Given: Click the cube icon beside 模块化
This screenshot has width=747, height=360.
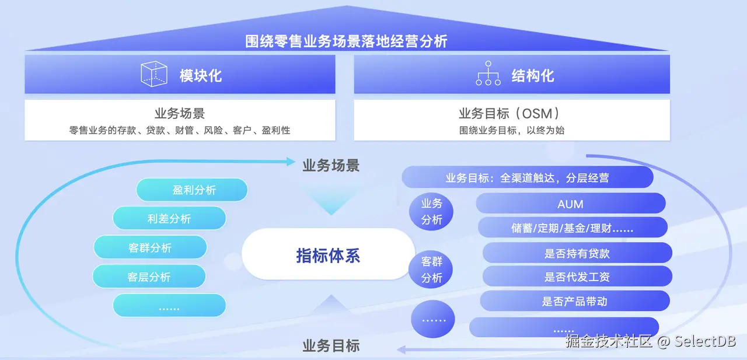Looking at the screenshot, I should coord(154,74).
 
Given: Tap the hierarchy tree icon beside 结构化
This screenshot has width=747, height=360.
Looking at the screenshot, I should coord(488,74).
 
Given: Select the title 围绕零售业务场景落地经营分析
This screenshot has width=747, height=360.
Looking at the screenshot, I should coord(347,41).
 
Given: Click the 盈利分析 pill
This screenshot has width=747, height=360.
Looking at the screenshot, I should coord(192,190).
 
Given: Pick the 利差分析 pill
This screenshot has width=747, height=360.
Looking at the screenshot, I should coord(169,219).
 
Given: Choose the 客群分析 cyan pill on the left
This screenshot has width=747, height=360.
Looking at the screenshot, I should coord(150,247).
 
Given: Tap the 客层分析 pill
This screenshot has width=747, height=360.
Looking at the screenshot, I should coord(149,277).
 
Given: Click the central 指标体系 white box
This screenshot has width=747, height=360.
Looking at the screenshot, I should coord(328,255).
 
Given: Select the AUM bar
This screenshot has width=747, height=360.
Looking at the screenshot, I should coord(571,204).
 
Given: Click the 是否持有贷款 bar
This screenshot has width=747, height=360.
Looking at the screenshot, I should coord(577,253).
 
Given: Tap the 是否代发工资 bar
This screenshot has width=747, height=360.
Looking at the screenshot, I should coord(577,277).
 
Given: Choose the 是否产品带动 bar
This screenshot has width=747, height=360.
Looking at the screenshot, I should coord(575,301).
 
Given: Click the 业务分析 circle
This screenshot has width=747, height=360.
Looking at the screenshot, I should coord(432,211).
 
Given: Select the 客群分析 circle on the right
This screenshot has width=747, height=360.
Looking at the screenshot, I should coord(432,270).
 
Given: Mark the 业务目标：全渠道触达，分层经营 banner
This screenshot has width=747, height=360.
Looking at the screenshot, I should coord(528,177).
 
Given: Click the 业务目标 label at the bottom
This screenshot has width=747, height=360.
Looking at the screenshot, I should coord(331,345).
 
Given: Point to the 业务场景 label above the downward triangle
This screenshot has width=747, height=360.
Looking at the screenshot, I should coord(331,165).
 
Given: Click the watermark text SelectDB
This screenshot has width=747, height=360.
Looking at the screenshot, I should coord(705,341).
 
